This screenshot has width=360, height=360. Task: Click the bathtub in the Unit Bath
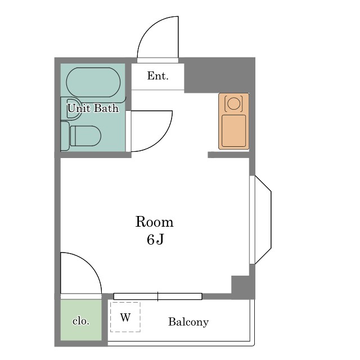tap(93, 82)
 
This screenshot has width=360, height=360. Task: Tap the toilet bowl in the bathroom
tap(85, 136)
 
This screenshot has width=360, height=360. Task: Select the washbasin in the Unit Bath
tap(73, 109)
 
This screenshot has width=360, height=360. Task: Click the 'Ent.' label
tap(157, 76)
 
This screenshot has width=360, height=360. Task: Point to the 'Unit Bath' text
tap(93, 108)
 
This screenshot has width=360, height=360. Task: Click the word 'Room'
tap(154, 222)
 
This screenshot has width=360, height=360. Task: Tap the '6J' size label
tap(155, 240)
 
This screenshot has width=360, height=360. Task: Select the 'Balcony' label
tap(188, 322)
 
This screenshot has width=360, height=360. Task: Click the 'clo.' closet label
tap(81, 321)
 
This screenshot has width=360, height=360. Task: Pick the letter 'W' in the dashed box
tap(125, 317)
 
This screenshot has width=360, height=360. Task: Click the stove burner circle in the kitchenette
tap(234, 103)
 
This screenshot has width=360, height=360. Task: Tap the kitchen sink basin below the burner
tap(234, 130)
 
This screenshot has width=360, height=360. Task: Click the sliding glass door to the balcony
tap(158, 296)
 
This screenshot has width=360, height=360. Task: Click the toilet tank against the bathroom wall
tap(65, 136)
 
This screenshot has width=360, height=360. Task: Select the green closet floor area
tap(81, 320)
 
